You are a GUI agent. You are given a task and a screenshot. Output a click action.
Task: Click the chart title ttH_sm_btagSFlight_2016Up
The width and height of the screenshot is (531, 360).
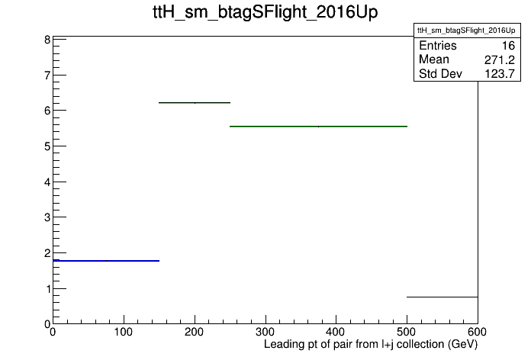point(265,12)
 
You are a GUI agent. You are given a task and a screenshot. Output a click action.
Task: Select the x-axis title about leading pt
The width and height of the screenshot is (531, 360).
point(371,345)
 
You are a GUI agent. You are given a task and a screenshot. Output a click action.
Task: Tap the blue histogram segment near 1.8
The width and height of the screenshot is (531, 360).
point(106,261)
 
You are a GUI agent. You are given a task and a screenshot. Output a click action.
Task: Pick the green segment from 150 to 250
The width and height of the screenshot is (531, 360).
point(195,103)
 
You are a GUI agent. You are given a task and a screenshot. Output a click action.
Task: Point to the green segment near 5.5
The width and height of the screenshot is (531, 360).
point(318,127)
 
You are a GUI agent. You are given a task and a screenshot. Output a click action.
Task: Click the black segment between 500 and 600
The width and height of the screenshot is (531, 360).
point(443,297)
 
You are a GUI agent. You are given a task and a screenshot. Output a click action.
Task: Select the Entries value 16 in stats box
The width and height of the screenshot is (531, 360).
point(508,46)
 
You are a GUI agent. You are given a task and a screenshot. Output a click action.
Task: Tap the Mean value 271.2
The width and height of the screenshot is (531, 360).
point(500,60)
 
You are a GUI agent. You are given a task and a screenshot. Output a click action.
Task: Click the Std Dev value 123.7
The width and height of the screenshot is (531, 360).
point(500,74)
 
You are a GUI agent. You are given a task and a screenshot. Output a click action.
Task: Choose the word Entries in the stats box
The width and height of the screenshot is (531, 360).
point(438,46)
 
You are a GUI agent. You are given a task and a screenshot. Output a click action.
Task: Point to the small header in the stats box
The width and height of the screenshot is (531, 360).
point(466,31)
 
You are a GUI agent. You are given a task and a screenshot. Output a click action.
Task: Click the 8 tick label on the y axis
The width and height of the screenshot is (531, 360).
point(47,40)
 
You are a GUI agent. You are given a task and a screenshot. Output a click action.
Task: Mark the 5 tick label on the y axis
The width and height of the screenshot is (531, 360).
point(47,146)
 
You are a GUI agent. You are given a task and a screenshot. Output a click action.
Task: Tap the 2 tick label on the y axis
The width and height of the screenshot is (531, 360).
point(47,253)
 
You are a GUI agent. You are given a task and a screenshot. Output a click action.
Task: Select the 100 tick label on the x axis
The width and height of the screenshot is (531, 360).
point(124,332)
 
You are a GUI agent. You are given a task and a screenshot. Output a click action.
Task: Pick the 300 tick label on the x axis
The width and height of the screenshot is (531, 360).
point(265,332)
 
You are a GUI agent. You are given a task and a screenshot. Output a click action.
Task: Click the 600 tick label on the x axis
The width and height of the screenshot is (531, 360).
point(477,332)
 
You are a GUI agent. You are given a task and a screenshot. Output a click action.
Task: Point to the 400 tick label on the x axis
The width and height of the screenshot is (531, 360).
point(336,332)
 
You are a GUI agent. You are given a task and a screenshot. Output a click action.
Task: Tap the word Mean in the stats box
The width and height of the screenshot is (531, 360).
point(434,59)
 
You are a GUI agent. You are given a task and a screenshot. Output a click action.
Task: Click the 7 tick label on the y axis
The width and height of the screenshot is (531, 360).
point(47,76)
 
